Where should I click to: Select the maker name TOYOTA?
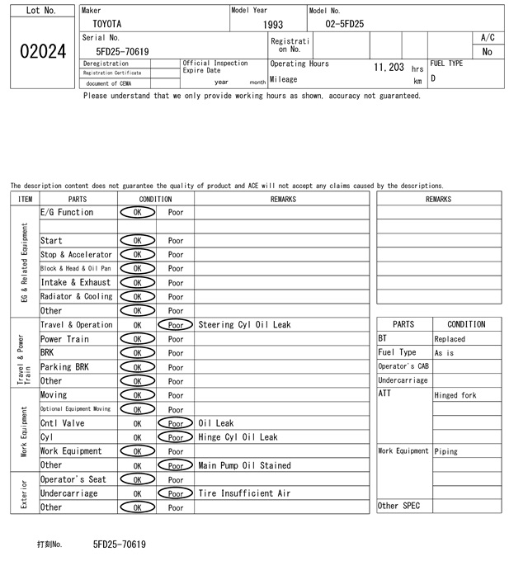coord(106,25)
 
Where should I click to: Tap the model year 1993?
coord(273,25)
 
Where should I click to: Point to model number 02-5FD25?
coord(344,25)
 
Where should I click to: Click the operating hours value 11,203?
coord(388,67)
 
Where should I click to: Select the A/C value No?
coord(488,51)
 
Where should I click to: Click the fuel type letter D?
coord(434,78)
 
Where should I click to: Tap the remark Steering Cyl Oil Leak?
coord(244,325)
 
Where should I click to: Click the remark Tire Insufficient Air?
coord(244,493)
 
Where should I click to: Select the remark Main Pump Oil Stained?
coord(244,465)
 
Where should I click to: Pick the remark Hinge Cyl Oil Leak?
coord(238,437)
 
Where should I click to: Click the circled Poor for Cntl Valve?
coord(176,423)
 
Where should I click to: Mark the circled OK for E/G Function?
coord(137,213)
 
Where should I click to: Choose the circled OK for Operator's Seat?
coord(137,479)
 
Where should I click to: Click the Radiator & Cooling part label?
coord(77,297)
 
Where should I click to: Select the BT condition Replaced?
coord(450,339)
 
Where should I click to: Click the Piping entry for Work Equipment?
coord(446,452)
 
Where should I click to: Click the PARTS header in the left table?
coord(78,199)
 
